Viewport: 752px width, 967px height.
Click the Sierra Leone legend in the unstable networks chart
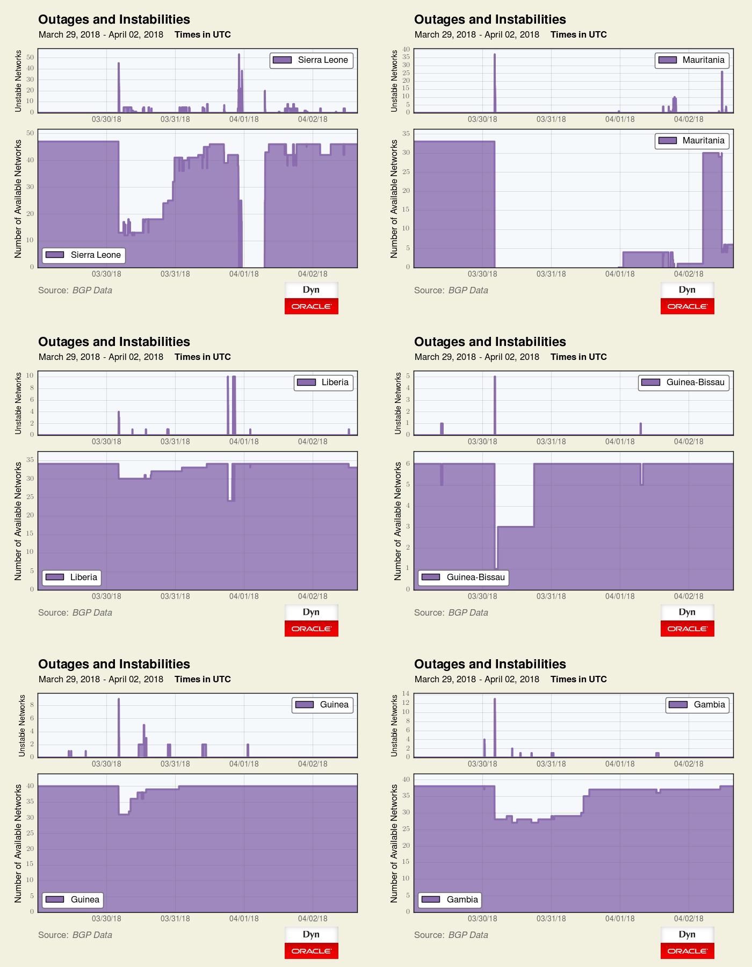point(312,60)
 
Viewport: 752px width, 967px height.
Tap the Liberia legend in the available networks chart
point(72,578)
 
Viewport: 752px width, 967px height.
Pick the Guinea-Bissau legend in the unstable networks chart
point(684,383)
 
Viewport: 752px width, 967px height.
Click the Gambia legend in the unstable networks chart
point(697,705)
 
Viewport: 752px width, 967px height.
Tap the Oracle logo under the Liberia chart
point(312,629)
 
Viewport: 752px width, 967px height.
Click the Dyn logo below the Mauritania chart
point(688,290)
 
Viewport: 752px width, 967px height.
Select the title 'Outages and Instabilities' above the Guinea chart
point(114,664)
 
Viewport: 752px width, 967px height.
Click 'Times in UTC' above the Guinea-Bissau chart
point(579,357)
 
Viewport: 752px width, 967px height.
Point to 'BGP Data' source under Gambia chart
point(468,935)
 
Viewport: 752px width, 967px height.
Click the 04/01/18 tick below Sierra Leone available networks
point(244,274)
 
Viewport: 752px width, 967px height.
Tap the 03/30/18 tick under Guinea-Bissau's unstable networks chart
point(482,442)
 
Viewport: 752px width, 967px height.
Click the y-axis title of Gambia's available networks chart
point(394,843)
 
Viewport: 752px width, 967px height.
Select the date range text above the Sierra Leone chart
point(101,35)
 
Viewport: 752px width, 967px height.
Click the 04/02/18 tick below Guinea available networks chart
point(313,919)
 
